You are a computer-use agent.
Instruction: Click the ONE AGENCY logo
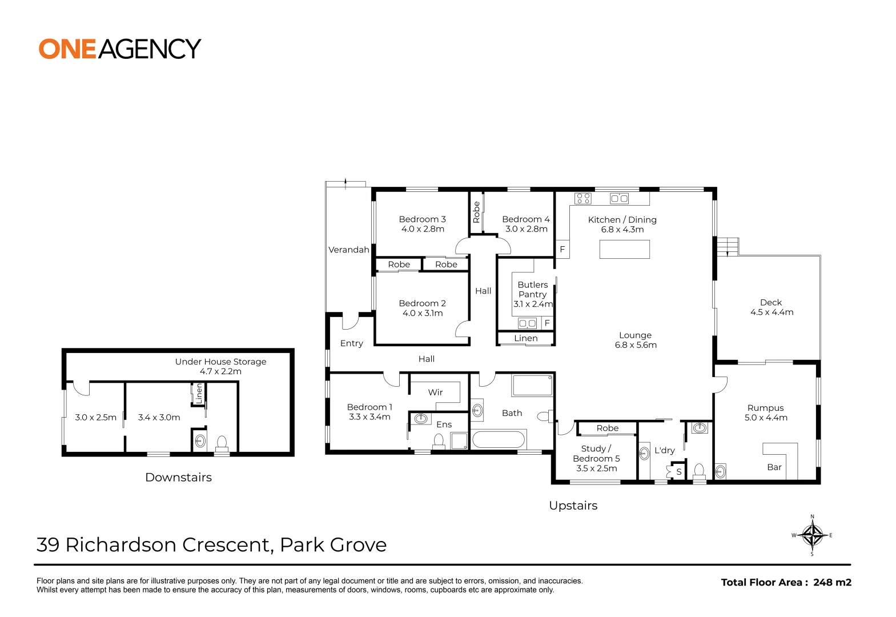click(119, 49)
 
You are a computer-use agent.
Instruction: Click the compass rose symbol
click(811, 535)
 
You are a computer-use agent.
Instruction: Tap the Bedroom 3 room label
click(422, 224)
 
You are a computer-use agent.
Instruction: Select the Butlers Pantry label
click(532, 294)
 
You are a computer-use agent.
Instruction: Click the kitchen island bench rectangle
click(624, 250)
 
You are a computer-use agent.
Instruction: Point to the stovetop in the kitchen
click(583, 199)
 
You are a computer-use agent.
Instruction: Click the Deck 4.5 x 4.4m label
click(771, 307)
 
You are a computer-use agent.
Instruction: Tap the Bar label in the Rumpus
click(774, 467)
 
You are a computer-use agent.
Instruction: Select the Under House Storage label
click(220, 366)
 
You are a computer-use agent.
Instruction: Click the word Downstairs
click(178, 477)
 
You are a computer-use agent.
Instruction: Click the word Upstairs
click(573, 505)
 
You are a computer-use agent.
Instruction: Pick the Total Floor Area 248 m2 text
click(786, 582)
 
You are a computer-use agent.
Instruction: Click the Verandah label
click(348, 250)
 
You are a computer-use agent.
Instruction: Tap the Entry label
click(351, 343)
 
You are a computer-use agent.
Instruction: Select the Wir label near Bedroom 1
click(435, 392)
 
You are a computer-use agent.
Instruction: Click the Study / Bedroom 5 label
click(596, 458)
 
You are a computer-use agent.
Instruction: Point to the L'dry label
click(664, 450)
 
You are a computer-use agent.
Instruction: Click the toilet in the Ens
click(439, 440)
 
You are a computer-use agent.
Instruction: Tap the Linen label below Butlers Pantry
click(525, 338)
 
